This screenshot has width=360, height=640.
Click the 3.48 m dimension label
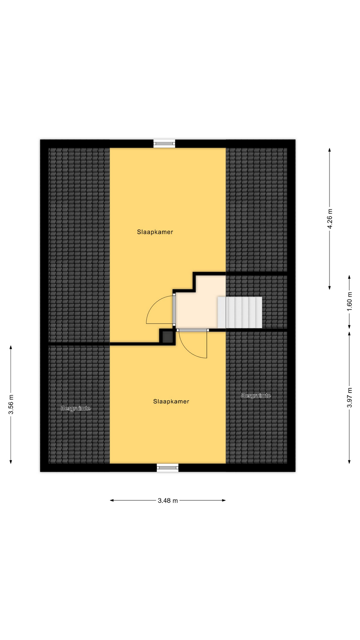tap(168, 500)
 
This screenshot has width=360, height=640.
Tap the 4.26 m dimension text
tap(330, 219)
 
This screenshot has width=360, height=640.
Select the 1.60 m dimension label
tap(349, 302)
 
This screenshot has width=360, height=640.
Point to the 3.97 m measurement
tap(349, 397)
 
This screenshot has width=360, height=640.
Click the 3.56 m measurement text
tap(11, 404)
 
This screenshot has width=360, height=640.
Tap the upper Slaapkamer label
tap(155, 232)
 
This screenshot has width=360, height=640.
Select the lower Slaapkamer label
tap(171, 401)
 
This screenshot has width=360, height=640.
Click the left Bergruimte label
tap(76, 408)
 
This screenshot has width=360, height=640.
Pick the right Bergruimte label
tap(256, 396)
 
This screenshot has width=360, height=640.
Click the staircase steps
tap(240, 313)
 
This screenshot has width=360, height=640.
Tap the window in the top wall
tap(164, 144)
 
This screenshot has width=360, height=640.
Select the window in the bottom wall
tap(168, 468)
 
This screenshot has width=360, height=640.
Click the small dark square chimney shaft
tap(167, 337)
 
